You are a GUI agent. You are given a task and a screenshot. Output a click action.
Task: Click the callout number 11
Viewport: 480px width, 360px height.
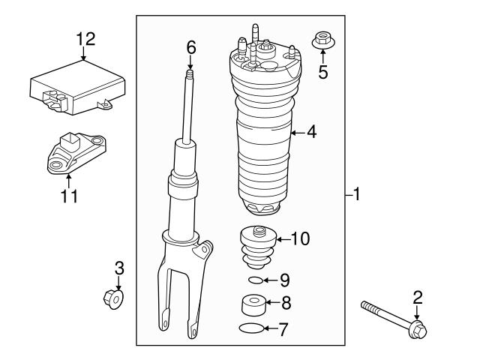[x=68, y=196]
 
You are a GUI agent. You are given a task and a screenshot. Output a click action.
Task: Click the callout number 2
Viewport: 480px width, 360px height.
[x=418, y=297]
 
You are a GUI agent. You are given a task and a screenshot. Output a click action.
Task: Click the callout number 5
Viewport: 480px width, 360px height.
[x=323, y=72]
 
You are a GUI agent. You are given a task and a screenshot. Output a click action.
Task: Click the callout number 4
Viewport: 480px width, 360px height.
[x=311, y=133]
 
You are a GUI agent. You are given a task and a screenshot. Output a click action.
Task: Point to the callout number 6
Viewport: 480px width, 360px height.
[x=191, y=46]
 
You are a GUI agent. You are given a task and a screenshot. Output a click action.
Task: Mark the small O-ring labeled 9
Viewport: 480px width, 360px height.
[x=256, y=280]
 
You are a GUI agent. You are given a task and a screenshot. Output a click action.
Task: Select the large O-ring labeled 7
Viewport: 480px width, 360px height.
[x=253, y=328]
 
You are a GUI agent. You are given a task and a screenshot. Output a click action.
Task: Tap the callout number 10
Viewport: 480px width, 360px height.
[x=299, y=240]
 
